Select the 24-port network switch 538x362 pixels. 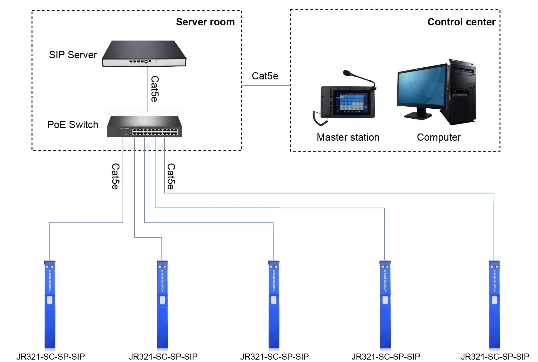point(144,127)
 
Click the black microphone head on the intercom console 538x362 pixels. point(347,73)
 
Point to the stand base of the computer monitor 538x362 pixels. point(418,115)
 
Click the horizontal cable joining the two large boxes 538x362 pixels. point(266,86)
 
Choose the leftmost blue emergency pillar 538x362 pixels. point(50,305)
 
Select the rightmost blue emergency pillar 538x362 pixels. point(494,305)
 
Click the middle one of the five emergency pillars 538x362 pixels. point(274,305)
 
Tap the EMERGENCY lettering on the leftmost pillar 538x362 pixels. point(50,281)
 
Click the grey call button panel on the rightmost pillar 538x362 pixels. point(494,300)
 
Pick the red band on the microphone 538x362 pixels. point(352,74)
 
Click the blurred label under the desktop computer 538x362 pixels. point(438,138)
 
